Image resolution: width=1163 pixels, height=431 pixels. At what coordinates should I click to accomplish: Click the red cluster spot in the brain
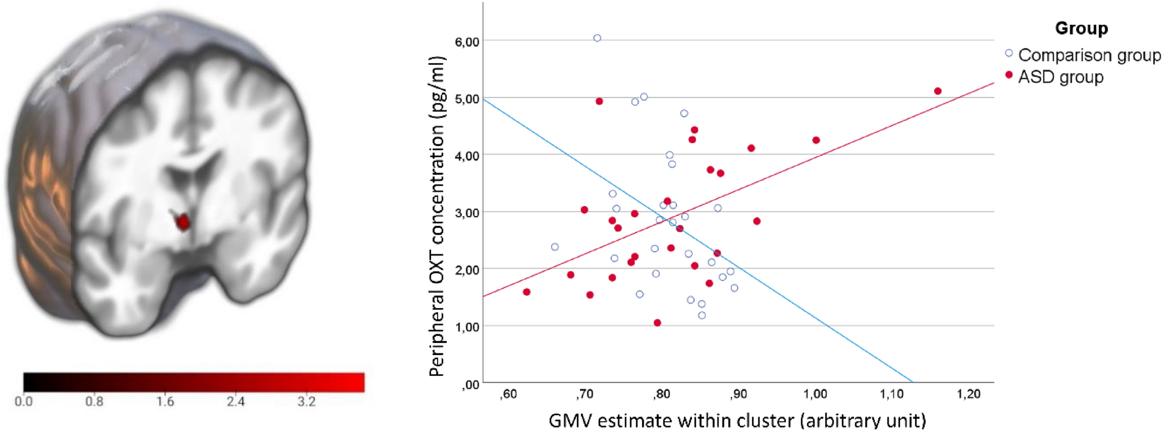point(183,222)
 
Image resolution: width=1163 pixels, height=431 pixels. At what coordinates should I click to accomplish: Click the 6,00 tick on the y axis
point(467,42)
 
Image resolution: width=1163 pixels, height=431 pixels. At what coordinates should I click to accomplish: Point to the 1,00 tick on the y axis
point(467,327)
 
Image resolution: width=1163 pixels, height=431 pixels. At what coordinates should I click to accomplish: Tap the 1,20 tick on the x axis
point(968,395)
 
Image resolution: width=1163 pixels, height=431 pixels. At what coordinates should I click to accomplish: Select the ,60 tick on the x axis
point(508,395)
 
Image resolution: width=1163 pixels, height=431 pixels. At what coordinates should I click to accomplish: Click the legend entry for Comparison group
point(1089,55)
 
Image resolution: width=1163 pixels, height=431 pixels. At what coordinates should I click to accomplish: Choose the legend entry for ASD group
point(1060,76)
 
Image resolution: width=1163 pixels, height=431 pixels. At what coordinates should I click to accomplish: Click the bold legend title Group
point(1081,28)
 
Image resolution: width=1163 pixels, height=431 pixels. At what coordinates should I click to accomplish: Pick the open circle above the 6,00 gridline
point(597,38)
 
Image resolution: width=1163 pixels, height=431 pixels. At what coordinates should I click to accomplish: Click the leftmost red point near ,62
point(526,292)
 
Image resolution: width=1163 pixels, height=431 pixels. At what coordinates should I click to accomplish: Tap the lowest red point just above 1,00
point(657,323)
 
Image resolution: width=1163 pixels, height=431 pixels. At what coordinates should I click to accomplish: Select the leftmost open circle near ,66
point(555,247)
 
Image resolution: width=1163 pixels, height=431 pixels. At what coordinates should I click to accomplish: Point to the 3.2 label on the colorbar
point(306,401)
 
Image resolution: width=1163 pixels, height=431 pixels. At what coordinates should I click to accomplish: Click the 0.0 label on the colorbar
point(23,401)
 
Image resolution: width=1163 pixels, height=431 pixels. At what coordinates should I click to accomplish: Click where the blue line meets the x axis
point(913,382)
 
